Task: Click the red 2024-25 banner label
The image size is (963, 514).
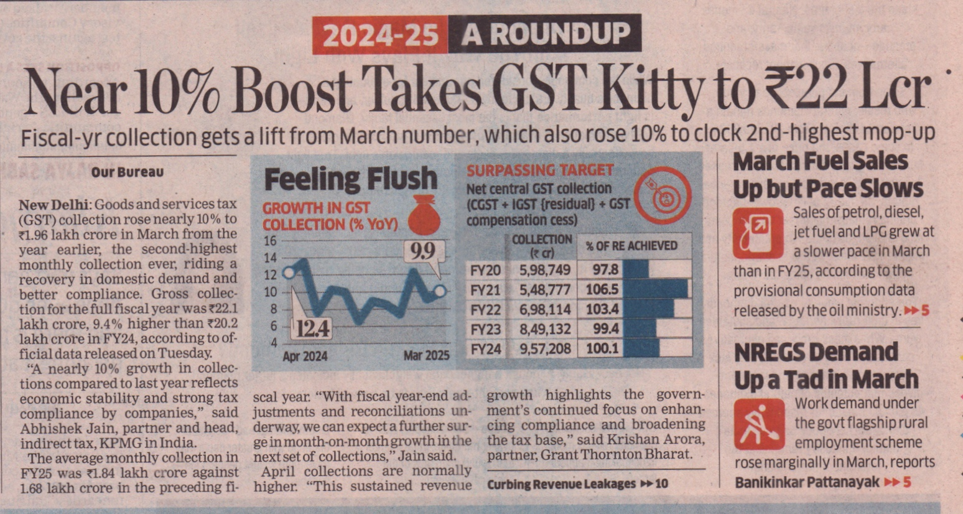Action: click(x=381, y=35)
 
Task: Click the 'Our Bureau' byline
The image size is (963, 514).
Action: click(x=128, y=172)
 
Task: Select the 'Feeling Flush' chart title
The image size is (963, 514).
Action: click(x=350, y=180)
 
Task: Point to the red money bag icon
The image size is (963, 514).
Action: click(x=424, y=214)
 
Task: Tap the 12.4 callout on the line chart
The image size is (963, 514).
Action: click(x=313, y=327)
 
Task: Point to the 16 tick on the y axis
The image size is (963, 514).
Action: click(x=270, y=241)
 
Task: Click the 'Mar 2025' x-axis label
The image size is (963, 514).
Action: click(x=426, y=356)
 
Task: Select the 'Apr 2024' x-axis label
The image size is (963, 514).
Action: click(x=305, y=357)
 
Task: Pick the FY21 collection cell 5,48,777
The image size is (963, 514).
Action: click(x=545, y=289)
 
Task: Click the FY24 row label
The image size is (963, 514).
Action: click(x=486, y=348)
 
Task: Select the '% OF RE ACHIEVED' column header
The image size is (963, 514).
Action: click(x=631, y=246)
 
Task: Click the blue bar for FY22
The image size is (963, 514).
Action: click(x=648, y=309)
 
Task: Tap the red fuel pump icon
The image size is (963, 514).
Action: click(x=758, y=233)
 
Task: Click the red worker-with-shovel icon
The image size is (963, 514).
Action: click(x=759, y=424)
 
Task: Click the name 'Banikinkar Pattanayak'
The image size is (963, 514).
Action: click(x=807, y=482)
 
